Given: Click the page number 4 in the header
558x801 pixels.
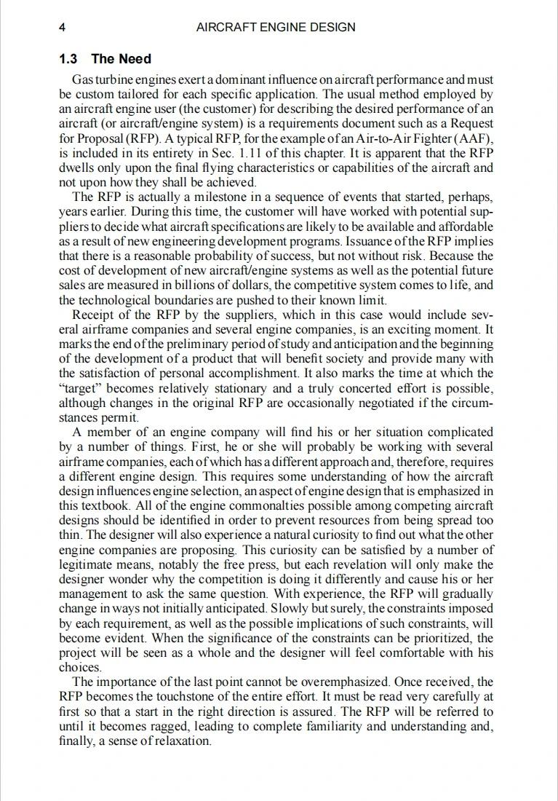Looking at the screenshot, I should (x=63, y=28).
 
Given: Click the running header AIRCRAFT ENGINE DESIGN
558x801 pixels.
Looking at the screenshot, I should (x=276, y=28).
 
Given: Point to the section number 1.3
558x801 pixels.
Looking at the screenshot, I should (x=69, y=59).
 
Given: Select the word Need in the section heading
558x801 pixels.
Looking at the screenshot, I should (x=136, y=59).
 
